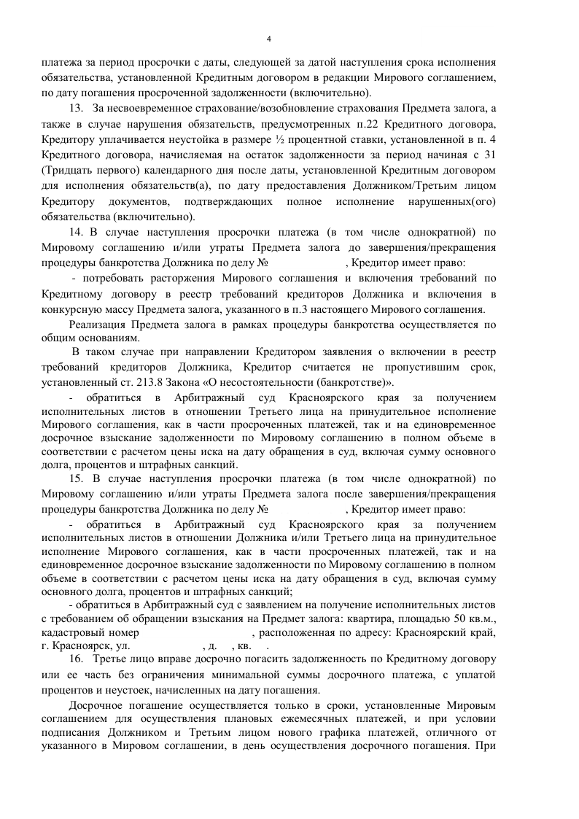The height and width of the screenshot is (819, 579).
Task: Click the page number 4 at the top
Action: pos(269,39)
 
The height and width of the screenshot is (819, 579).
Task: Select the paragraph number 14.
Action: pos(76,233)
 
